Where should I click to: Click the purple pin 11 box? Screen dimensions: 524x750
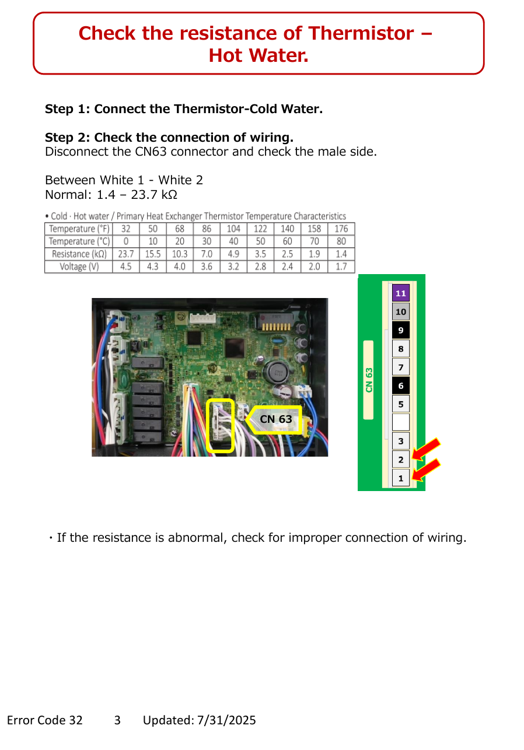(401, 293)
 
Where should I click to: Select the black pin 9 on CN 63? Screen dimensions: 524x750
(401, 330)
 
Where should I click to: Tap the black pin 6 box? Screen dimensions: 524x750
(401, 385)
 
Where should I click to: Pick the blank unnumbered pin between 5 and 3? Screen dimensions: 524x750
(401, 422)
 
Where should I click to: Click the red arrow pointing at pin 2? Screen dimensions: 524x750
(426, 448)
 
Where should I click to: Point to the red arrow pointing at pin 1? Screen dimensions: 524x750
(426, 469)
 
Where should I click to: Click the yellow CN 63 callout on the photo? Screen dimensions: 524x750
(274, 419)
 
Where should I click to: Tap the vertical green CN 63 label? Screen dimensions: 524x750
(369, 380)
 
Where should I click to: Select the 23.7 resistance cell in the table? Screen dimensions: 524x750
(125, 254)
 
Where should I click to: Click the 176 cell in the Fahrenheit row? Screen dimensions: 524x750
(341, 229)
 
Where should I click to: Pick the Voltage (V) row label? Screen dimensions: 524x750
(79, 267)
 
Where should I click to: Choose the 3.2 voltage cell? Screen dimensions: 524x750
(233, 267)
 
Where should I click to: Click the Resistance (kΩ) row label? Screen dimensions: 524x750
(79, 254)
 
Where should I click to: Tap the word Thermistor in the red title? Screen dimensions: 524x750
(361, 33)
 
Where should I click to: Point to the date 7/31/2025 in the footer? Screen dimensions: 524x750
(226, 720)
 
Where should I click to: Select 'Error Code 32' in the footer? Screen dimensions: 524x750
(44, 720)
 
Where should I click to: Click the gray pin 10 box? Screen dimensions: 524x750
(401, 311)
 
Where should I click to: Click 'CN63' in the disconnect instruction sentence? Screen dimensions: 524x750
(151, 152)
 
